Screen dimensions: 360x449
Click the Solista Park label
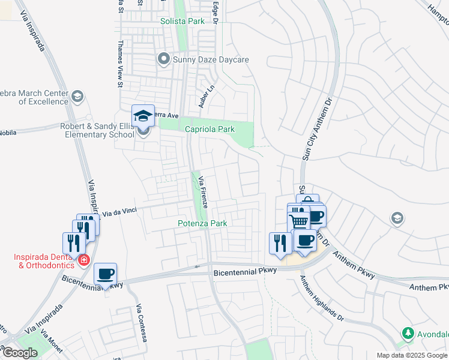pyautogui.click(x=182, y=21)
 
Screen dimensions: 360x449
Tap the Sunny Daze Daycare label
pyautogui.click(x=211, y=59)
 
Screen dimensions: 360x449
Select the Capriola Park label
pyautogui.click(x=209, y=129)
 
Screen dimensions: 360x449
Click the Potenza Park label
pyautogui.click(x=202, y=223)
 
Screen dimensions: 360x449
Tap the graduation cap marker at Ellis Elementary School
pyautogui.click(x=143, y=116)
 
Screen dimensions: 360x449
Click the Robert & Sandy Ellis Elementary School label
pyautogui.click(x=97, y=130)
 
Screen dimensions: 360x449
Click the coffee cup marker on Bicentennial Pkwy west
pyautogui.click(x=106, y=274)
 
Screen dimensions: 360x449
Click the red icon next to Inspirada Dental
pyautogui.click(x=84, y=260)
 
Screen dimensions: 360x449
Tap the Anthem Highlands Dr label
pyautogui.click(x=322, y=298)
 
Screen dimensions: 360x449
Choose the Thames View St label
pyautogui.click(x=121, y=64)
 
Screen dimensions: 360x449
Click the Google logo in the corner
pyautogui.click(x=20, y=353)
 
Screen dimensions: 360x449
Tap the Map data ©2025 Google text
pyautogui.click(x=412, y=355)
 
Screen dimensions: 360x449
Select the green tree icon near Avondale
pyautogui.click(x=408, y=332)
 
